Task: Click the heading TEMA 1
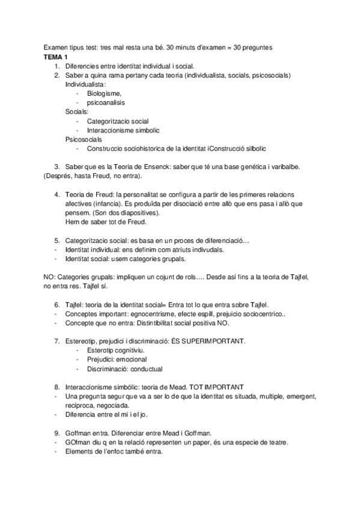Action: click(x=56, y=56)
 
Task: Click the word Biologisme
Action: click(x=104, y=94)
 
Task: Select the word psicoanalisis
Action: click(x=106, y=103)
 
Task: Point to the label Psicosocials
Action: click(x=84, y=139)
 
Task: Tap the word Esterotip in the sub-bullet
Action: click(x=103, y=350)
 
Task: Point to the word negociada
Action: click(x=111, y=406)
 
